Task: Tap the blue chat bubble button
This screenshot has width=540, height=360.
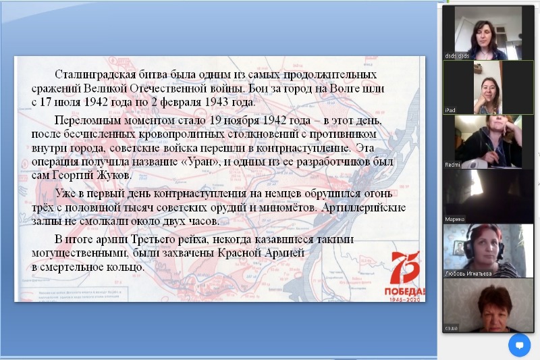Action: pyautogui.click(x=519, y=344)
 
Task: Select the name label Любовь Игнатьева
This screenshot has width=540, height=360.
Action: pyautogui.click(x=467, y=273)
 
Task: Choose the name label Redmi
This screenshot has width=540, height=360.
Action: pyautogui.click(x=452, y=163)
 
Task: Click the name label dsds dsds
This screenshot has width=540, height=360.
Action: pyautogui.click(x=457, y=56)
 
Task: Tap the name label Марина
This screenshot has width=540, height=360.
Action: pyautogui.click(x=454, y=218)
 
